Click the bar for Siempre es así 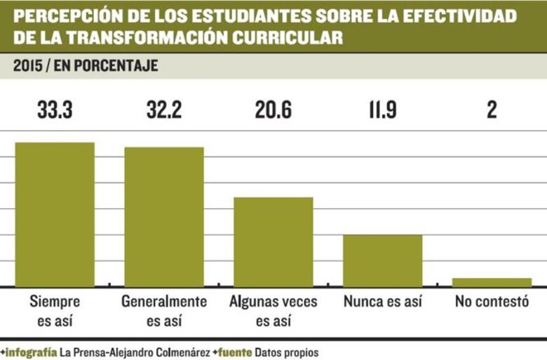pos(55,214)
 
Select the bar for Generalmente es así pos(164,216)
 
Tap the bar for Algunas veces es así pos(273,241)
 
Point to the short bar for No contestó pos(492,282)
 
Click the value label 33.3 pos(55,109)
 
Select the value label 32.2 pos(164,109)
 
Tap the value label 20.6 pos(273,109)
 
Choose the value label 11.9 pos(383,109)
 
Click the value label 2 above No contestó pos(492,109)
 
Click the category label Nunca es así pos(383,302)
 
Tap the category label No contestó pos(492,302)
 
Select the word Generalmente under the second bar pos(164,302)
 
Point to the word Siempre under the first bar pos(55,302)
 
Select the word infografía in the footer pos(32,350)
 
